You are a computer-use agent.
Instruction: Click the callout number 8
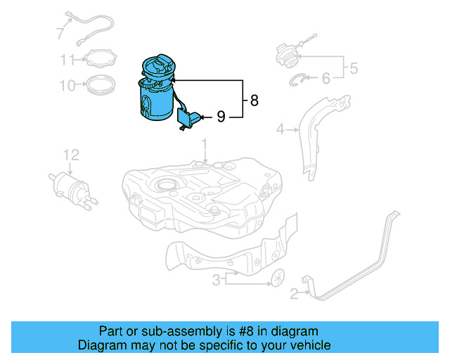click(254, 101)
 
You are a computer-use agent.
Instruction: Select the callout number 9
click(220, 117)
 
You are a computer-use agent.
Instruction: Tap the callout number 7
click(60, 32)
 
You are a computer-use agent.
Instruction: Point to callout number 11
click(67, 59)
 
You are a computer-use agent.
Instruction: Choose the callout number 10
click(67, 86)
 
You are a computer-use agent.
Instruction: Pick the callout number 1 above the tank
click(205, 146)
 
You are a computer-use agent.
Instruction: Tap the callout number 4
click(280, 129)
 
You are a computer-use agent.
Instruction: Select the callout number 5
click(354, 68)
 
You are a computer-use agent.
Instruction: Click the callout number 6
click(326, 79)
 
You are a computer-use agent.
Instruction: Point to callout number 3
click(217, 280)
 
